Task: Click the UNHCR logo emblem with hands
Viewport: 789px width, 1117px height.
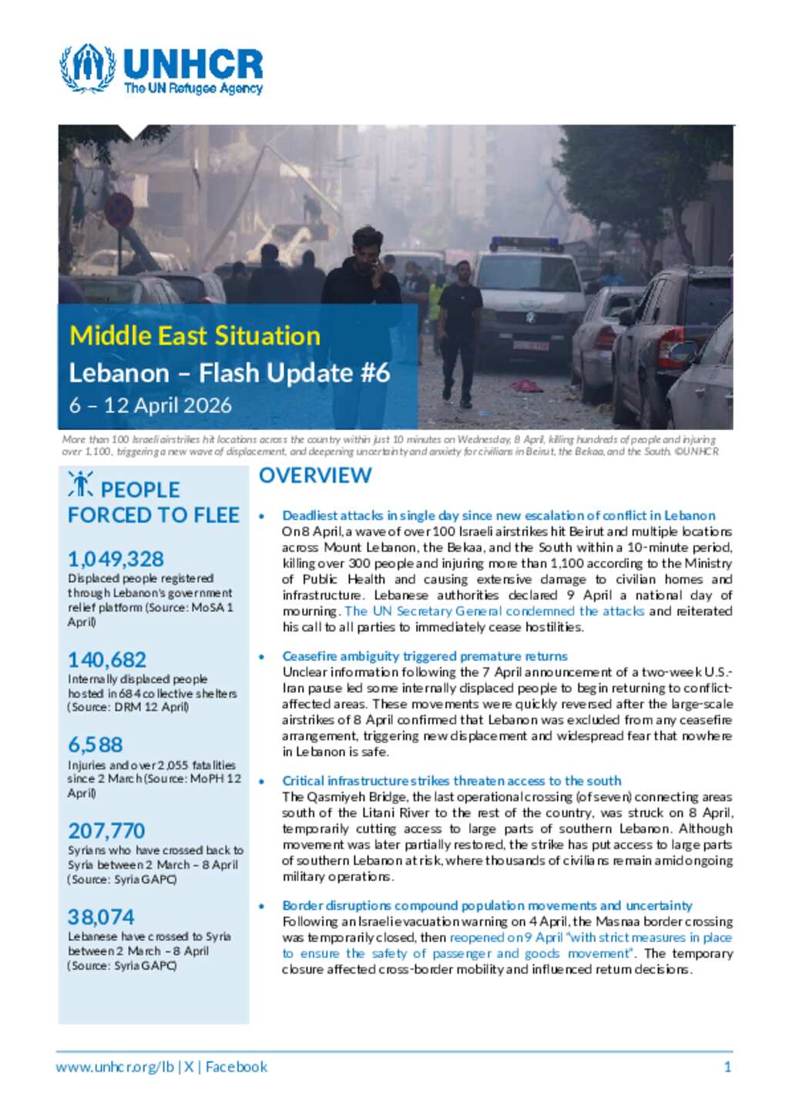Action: pos(88,69)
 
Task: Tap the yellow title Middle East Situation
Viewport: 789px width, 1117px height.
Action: pos(195,336)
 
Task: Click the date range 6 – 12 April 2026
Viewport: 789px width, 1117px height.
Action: pos(150,405)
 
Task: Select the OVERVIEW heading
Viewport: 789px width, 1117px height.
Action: pos(315,476)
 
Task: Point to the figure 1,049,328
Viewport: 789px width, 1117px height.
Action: pos(116,559)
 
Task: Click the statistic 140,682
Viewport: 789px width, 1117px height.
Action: pos(107,660)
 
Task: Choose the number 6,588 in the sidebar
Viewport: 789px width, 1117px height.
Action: pos(96,745)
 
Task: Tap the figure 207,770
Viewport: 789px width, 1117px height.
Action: pos(106,831)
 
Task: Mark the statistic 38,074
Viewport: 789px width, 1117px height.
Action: pos(101,917)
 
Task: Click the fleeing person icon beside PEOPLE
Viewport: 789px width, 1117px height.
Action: pos(80,484)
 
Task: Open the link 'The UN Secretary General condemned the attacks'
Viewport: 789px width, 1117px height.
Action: pos(494,611)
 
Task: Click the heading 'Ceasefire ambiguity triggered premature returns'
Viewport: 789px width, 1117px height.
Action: pos(425,656)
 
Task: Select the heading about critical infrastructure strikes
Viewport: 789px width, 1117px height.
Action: pos(452,781)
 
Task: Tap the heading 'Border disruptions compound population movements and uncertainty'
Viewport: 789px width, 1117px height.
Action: pos(487,906)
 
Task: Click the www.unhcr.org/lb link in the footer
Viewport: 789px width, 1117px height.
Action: pos(115,1068)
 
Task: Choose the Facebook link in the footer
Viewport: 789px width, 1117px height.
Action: pos(237,1068)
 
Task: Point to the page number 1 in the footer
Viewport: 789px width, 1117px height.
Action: pos(727,1068)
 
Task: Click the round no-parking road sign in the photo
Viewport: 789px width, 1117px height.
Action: pos(119,210)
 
